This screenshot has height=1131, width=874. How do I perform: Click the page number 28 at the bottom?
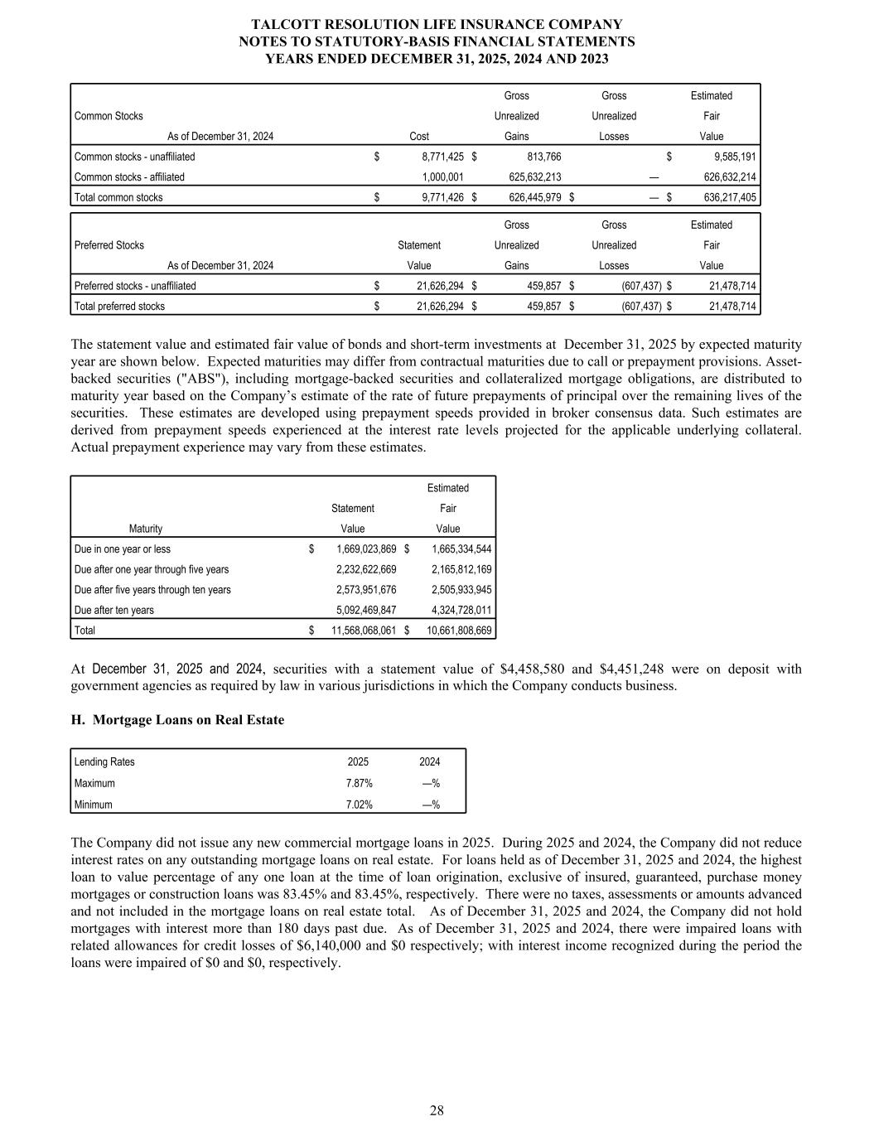[x=437, y=1110]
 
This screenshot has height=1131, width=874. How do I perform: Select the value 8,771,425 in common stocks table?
[x=437, y=157]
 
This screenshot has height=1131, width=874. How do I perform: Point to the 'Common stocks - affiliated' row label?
[x=129, y=176]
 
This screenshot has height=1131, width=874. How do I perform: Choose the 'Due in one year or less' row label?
[x=123, y=549]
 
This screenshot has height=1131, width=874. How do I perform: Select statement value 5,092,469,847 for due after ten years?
[x=365, y=610]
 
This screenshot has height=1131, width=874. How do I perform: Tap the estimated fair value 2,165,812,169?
[x=461, y=569]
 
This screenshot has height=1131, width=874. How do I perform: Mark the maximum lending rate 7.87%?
[x=359, y=783]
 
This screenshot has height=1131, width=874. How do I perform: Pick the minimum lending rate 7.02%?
[x=359, y=805]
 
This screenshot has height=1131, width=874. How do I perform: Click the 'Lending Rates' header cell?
[x=104, y=761]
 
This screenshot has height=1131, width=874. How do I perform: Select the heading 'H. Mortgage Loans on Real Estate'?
[x=177, y=720]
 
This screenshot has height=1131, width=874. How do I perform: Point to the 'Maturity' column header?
[x=146, y=529]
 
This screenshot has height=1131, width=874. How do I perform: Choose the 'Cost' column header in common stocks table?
[x=419, y=136]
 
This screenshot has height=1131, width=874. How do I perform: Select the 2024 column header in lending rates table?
[x=429, y=761]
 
